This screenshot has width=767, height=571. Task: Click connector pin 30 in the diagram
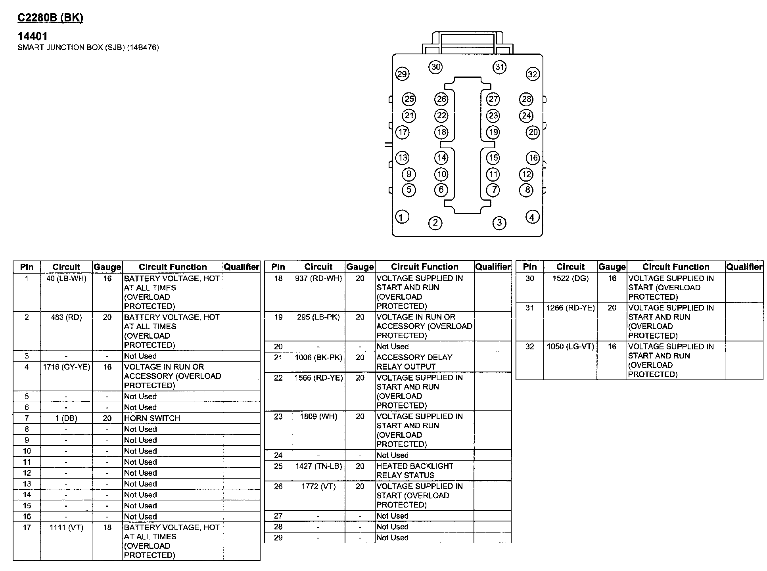[x=435, y=67]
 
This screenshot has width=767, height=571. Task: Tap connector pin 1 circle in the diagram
[x=402, y=217]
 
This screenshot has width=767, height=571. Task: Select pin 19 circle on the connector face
[x=493, y=132]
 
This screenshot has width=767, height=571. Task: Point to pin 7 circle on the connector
[x=493, y=190]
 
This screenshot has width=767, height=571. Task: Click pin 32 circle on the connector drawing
[x=532, y=74]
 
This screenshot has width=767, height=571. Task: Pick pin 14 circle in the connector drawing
[x=441, y=158]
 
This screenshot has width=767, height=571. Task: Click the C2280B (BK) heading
[x=50, y=18]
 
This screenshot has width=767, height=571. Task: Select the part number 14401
[x=33, y=36]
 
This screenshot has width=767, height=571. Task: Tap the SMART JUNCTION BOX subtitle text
[x=88, y=48]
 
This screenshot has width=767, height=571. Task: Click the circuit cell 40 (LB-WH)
[x=66, y=279]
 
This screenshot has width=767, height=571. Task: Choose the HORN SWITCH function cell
[x=152, y=418]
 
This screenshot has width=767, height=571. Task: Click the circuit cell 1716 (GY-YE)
[x=66, y=367]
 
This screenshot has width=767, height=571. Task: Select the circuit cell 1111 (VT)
[x=66, y=527]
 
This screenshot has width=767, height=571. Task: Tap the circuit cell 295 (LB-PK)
[x=318, y=317]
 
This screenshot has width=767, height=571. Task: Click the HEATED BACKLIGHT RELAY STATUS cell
[x=414, y=471]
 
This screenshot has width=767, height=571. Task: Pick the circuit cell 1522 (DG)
[x=570, y=279]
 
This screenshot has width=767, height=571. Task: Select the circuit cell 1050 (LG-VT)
[x=570, y=347]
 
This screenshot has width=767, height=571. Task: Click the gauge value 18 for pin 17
[x=107, y=527]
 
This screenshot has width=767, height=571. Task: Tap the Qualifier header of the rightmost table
[x=744, y=267]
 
